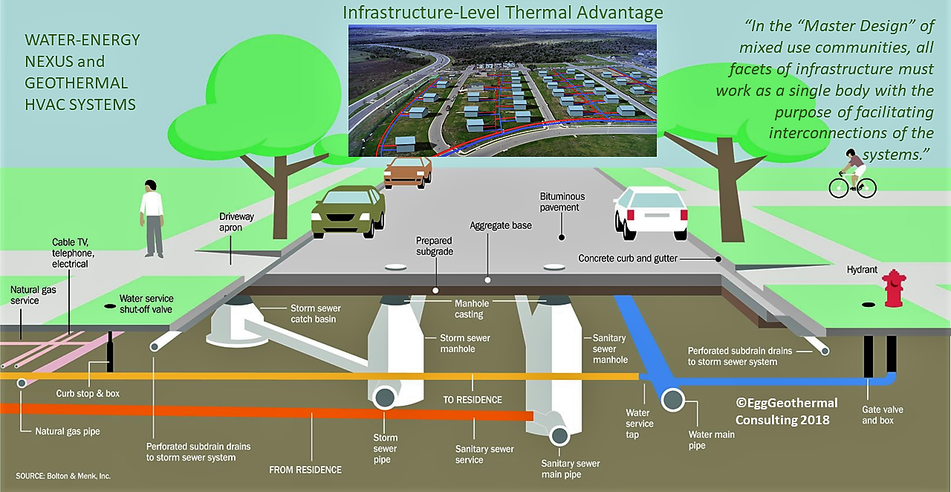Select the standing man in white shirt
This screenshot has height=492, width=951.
[152, 218]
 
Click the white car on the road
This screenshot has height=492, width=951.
[651, 211]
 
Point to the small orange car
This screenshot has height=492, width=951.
[407, 172]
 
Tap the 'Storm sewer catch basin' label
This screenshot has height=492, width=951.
[314, 313]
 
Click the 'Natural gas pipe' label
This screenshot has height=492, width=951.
[68, 431]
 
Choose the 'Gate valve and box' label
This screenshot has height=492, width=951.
[883, 415]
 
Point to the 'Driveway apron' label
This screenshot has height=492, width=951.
[236, 222]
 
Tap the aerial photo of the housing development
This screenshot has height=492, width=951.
[502, 90]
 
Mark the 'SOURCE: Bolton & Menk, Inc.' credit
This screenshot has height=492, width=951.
[63, 476]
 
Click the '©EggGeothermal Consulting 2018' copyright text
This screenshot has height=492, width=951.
[786, 411]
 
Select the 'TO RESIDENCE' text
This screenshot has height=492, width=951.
[473, 400]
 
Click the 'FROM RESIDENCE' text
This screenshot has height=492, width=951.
[305, 470]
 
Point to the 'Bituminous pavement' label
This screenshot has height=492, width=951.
[562, 202]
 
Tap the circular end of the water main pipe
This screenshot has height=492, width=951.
[674, 400]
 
